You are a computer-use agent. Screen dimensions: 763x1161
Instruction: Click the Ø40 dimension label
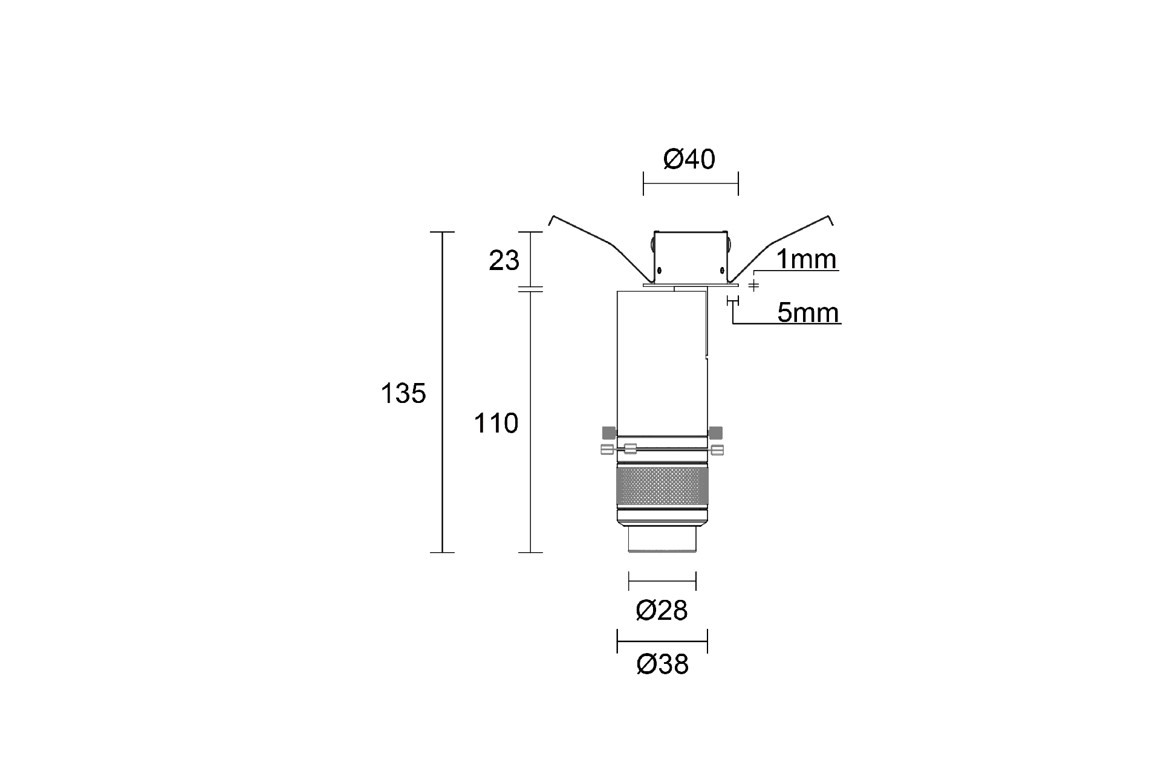tap(689, 159)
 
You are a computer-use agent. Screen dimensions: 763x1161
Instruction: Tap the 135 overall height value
tap(403, 394)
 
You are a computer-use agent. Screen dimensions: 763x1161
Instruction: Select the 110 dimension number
tap(496, 423)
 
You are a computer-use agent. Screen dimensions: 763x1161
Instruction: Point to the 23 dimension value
tap(504, 260)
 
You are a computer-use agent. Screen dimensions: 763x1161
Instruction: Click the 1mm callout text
tap(806, 259)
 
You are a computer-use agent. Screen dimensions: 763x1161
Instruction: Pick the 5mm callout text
tap(808, 313)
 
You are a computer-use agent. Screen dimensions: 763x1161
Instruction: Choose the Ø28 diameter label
tap(662, 611)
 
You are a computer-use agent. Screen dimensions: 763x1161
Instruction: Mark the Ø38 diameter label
tap(662, 665)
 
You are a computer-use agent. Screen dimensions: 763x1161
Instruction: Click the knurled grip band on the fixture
tap(662, 486)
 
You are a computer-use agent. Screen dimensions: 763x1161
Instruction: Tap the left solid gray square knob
tap(608, 432)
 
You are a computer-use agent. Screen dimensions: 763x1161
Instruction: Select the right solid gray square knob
tap(715, 432)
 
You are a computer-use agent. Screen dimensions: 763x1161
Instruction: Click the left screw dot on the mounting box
tap(660, 269)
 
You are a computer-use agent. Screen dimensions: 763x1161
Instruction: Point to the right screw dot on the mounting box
tap(722, 269)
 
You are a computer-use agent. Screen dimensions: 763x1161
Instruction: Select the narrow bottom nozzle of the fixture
tap(662, 539)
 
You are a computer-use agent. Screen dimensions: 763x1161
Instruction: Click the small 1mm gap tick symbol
tap(753, 285)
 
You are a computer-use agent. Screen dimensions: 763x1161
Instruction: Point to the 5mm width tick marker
tap(732, 300)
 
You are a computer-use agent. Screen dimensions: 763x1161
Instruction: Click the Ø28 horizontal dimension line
tap(662, 581)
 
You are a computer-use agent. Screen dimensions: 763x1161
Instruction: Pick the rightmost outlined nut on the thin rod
tap(718, 449)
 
